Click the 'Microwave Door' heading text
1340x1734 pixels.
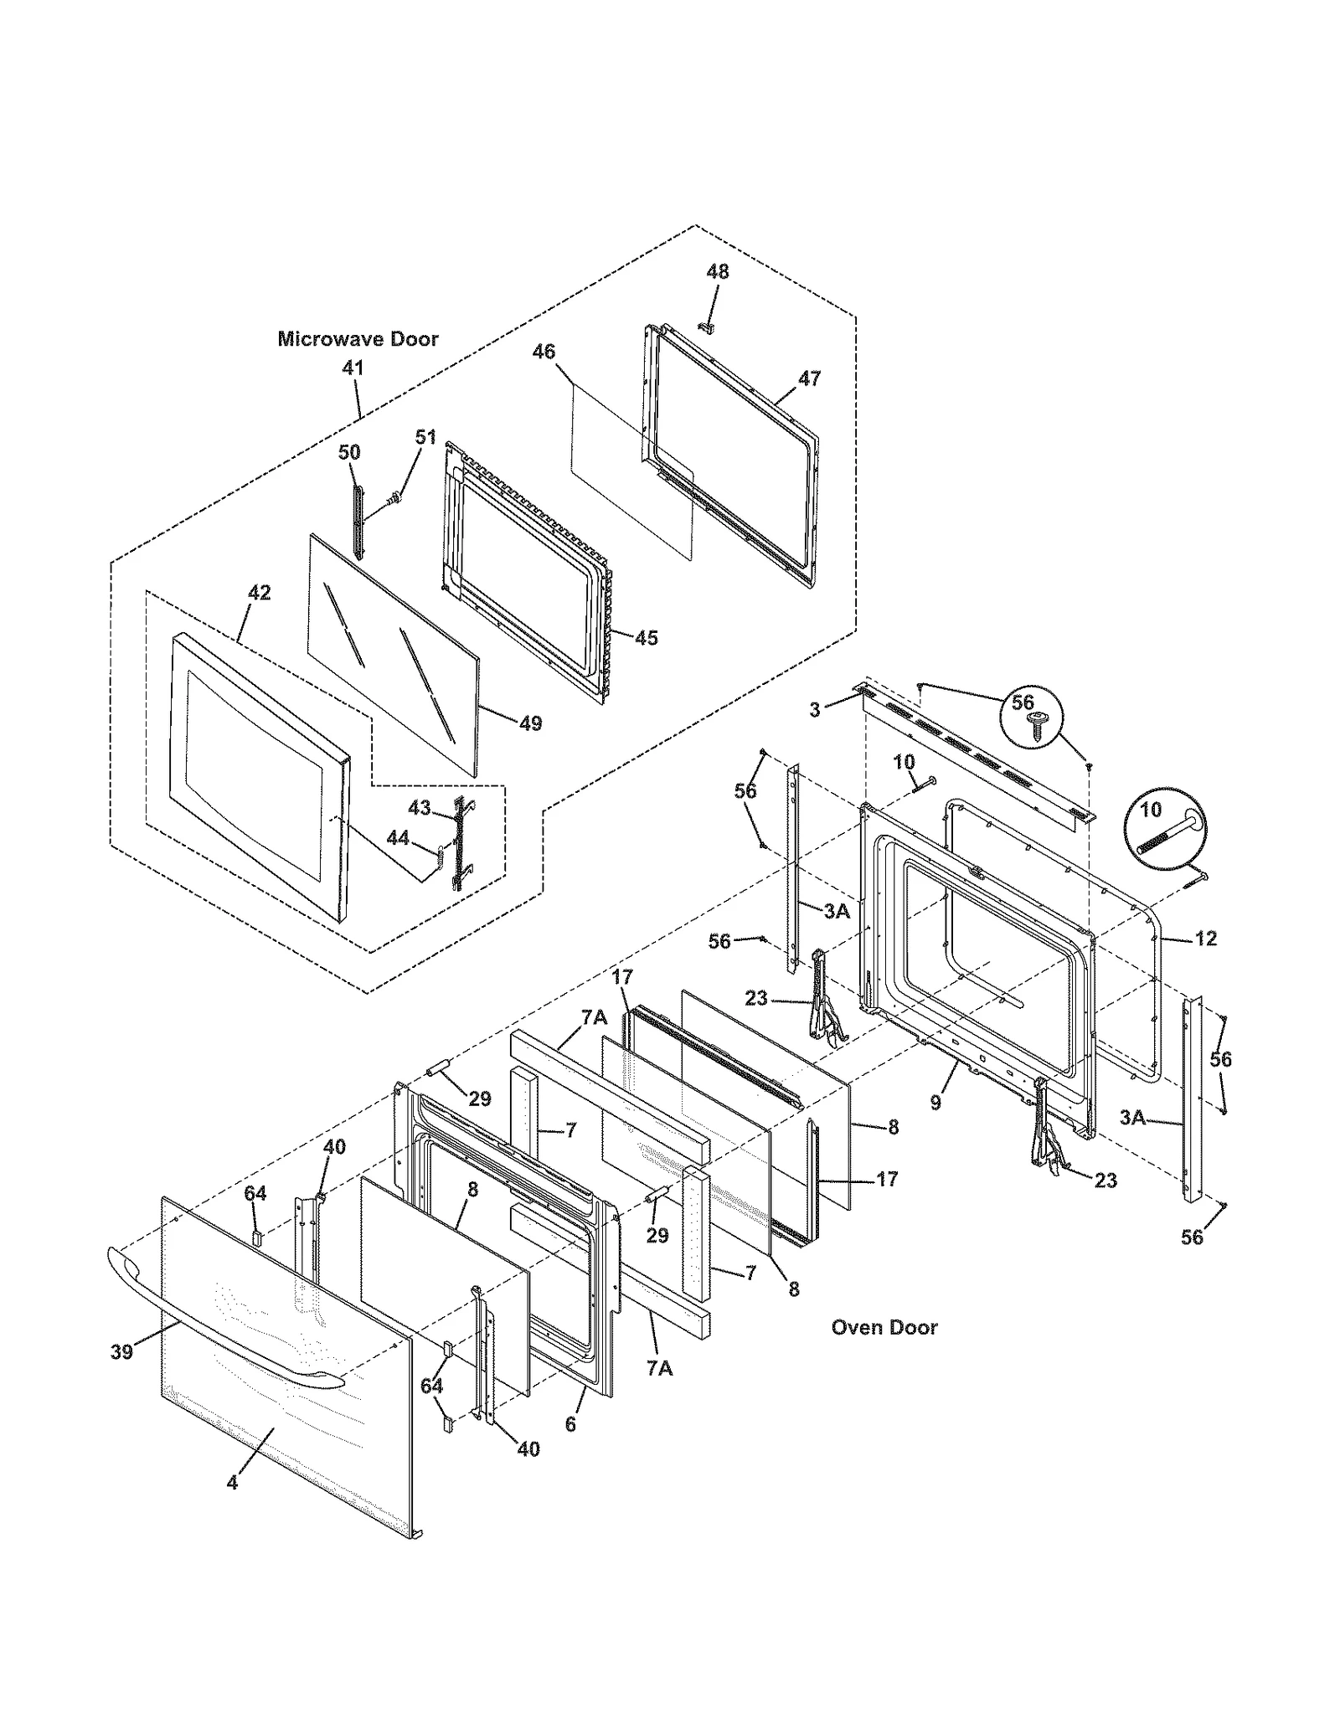point(358,339)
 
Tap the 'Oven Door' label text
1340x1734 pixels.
point(884,1327)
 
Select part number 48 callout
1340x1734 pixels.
point(717,272)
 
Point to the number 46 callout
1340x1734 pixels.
point(544,352)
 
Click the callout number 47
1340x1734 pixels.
point(809,378)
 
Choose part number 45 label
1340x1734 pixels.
point(646,638)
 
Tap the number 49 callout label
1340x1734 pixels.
point(530,723)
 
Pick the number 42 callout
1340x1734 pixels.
point(260,593)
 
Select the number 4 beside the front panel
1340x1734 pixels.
point(232,1483)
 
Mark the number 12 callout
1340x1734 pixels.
point(1205,939)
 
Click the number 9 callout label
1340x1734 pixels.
point(935,1103)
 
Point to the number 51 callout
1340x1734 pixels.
point(426,437)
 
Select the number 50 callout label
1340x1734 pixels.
point(349,452)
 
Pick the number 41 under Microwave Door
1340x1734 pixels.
point(353,367)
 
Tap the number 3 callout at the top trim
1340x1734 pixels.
point(815,710)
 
